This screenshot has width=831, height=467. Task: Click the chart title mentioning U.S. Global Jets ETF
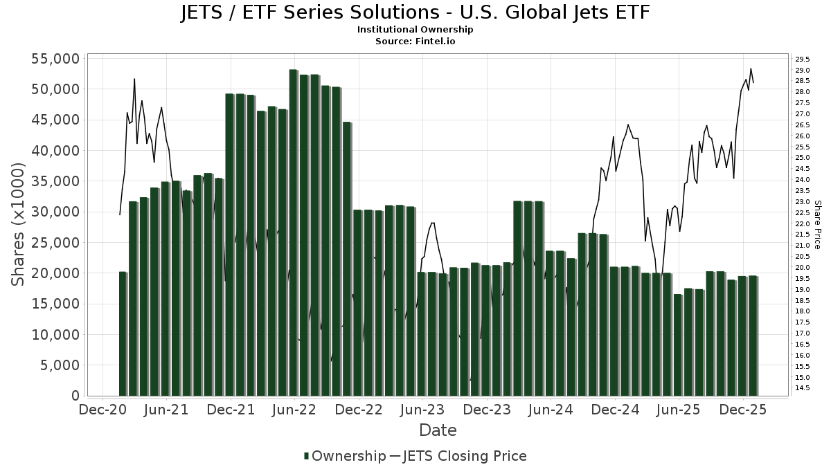[x=415, y=12]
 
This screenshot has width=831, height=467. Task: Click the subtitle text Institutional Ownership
[x=415, y=30]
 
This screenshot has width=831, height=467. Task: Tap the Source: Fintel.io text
[x=415, y=41]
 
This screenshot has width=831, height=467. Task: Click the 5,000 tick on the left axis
[x=59, y=365]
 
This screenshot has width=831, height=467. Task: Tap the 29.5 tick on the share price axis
[x=803, y=59]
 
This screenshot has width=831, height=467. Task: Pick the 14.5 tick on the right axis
[x=803, y=388]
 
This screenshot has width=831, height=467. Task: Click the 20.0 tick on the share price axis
[x=803, y=268]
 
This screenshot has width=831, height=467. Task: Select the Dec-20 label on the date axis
[x=102, y=410]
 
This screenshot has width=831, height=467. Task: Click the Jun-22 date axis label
[x=294, y=410]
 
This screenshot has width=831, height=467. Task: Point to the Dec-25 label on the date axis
[x=743, y=410]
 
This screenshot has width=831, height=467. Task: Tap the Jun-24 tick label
[x=551, y=410]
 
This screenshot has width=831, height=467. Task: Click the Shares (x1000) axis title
[x=19, y=225]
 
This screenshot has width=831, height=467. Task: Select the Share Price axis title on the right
[x=817, y=225]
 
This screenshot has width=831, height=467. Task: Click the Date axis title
[x=438, y=430]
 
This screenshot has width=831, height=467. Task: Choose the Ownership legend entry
[x=345, y=456]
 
